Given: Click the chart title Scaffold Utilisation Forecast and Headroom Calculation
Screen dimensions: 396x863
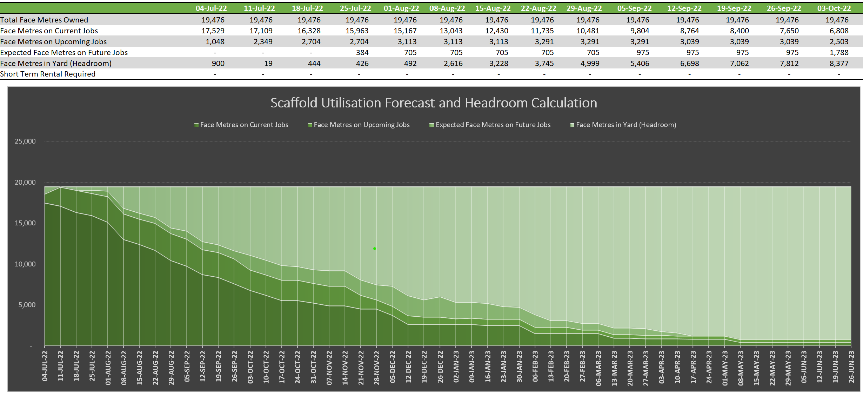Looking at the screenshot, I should [x=434, y=103].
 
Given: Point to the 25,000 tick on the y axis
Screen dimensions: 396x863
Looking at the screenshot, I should [x=25, y=141].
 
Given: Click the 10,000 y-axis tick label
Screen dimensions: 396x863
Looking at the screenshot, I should [x=25, y=264].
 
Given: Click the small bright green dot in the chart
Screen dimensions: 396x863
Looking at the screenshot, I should [x=375, y=249].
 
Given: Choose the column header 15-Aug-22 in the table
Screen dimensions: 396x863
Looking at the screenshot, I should [x=493, y=8].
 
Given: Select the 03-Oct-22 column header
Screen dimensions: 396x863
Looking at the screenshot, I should [x=834, y=8].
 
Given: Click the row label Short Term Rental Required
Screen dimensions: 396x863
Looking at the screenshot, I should [x=48, y=74].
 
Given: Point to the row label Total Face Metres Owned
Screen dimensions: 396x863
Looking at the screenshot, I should [x=44, y=20].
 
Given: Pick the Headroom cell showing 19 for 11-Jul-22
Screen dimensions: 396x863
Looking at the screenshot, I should [x=268, y=64].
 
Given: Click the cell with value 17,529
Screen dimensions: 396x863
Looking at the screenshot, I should [x=213, y=31].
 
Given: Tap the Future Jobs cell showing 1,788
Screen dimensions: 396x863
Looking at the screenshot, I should [x=839, y=53].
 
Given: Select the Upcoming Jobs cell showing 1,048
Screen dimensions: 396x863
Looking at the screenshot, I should [x=215, y=42].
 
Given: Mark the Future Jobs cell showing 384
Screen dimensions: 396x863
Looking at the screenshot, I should [x=362, y=53].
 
